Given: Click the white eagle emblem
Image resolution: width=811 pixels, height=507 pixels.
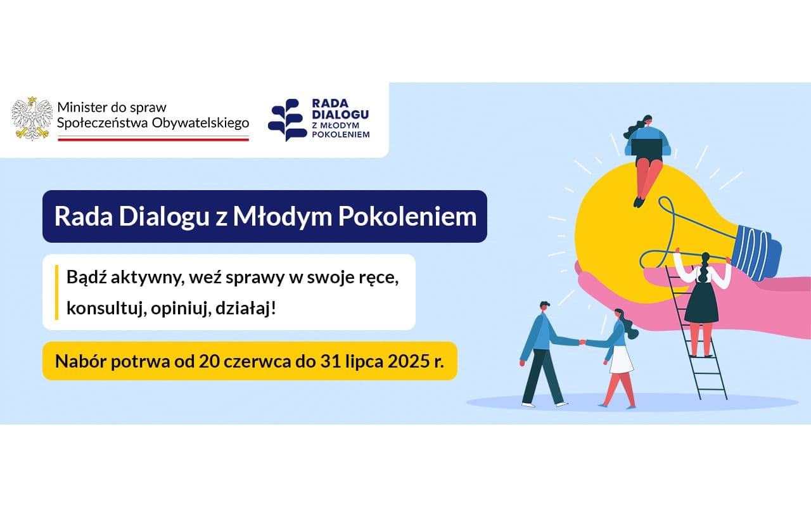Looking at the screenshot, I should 32,118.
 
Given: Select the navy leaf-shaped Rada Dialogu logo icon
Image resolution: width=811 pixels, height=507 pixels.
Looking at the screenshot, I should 286,119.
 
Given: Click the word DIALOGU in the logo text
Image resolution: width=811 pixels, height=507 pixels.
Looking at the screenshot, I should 340,114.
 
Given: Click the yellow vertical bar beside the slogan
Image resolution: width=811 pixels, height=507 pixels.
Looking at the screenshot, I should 57,292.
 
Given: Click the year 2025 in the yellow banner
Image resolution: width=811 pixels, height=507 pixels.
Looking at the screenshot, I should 399,361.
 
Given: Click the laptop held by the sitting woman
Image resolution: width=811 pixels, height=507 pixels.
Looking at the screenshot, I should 647,146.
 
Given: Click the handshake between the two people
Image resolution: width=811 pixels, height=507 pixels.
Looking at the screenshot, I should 582,342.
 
